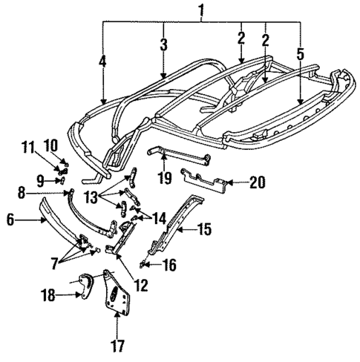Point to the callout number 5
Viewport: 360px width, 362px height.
pos(299,54)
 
